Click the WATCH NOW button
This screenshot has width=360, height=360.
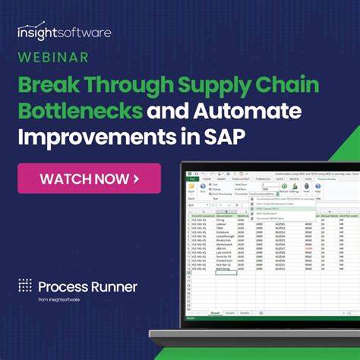click(90, 179)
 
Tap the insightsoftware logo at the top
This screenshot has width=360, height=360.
click(64, 32)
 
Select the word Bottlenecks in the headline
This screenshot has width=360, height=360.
click(80, 112)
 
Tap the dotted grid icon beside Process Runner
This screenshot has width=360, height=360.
click(25, 286)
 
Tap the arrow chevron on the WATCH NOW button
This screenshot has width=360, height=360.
click(136, 179)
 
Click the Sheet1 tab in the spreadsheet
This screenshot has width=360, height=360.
click(215, 312)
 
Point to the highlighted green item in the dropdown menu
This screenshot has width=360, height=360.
click(285, 209)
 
